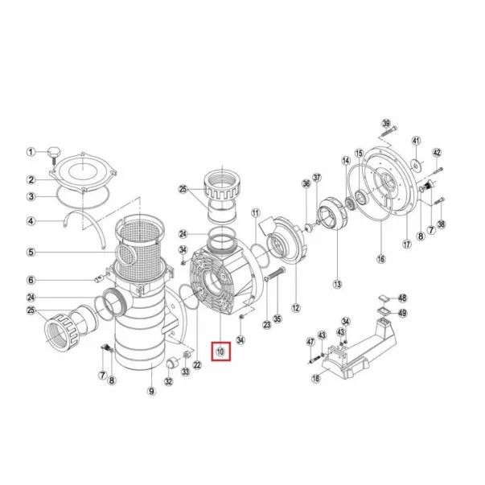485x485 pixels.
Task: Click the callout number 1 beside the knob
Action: tap(31, 151)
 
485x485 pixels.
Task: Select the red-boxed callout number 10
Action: tap(220, 351)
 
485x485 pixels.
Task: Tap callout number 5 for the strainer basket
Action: tap(31, 252)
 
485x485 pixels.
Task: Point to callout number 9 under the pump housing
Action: tap(150, 392)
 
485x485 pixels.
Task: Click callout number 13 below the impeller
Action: tap(337, 283)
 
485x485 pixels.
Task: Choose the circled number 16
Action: tap(380, 259)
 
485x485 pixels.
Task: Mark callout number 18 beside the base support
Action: tap(316, 379)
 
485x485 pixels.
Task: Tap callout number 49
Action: tap(402, 313)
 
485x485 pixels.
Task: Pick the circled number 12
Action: tap(295, 306)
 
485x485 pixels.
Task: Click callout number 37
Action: tap(317, 178)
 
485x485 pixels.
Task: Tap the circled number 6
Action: tap(31, 280)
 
